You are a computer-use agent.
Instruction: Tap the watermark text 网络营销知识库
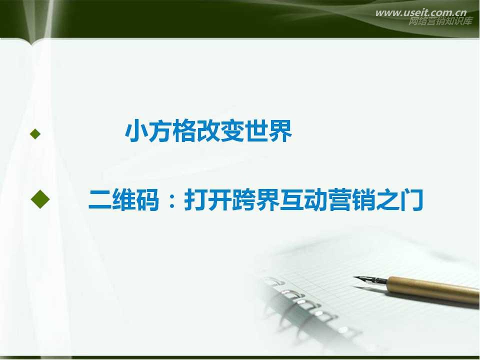440,21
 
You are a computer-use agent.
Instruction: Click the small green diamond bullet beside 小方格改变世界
34,133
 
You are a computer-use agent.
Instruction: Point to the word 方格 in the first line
167,133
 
